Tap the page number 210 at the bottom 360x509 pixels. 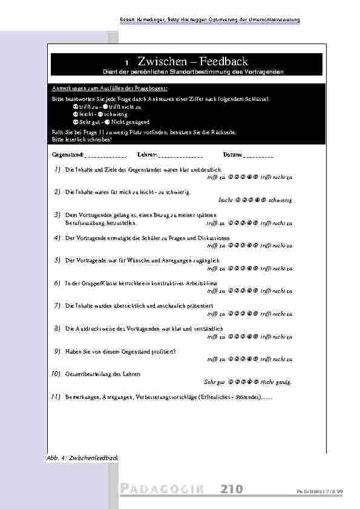click(232, 488)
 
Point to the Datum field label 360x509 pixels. click(232, 155)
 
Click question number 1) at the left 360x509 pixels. click(56, 170)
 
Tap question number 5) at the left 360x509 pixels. click(56, 260)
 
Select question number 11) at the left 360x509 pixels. click(55, 397)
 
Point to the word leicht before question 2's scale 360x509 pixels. click(225, 199)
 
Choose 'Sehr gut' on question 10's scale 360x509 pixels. click(215, 382)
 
